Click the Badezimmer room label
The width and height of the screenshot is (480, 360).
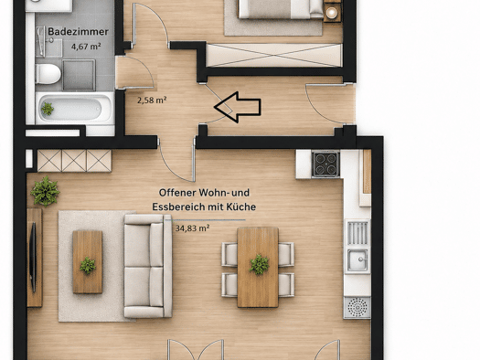point(78,31)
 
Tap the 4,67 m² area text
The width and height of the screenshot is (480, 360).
point(86,47)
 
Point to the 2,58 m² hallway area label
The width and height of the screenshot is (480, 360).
point(152,100)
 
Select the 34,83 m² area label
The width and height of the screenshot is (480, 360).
point(192,228)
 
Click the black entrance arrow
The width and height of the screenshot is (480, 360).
point(238,107)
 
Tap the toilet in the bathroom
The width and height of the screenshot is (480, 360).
point(48,74)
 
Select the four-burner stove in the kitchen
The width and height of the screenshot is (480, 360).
point(325,164)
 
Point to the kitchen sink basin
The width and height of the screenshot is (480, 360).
point(357,260)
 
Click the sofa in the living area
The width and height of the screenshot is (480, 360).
point(148,266)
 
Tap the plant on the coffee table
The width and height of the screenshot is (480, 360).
point(88,265)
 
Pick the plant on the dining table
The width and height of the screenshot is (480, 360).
point(259,265)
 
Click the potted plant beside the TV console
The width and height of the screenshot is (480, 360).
point(45,192)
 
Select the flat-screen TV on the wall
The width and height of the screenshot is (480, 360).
point(33,257)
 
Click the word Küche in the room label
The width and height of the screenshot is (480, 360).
point(241,206)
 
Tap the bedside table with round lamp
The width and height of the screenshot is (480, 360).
point(332,12)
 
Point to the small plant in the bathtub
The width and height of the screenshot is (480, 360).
point(48,109)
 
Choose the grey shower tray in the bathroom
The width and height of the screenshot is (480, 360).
point(79,75)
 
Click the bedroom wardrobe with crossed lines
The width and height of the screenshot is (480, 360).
point(274,56)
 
